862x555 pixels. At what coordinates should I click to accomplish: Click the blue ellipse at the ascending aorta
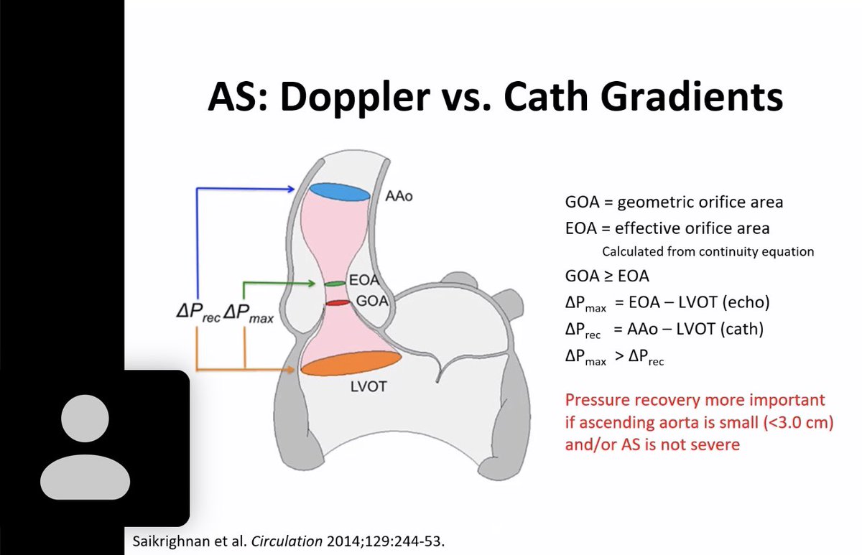[x=339, y=192]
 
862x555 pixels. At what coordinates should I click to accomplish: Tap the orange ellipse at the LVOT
[x=351, y=363]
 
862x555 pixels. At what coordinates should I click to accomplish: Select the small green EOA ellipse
[x=335, y=284]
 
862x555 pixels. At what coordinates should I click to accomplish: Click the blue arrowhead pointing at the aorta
[x=291, y=190]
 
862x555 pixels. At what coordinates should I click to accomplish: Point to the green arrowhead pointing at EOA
[x=313, y=284]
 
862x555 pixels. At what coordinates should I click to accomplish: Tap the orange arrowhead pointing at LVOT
[x=292, y=370]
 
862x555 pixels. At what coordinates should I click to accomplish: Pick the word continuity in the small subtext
[x=723, y=252]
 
